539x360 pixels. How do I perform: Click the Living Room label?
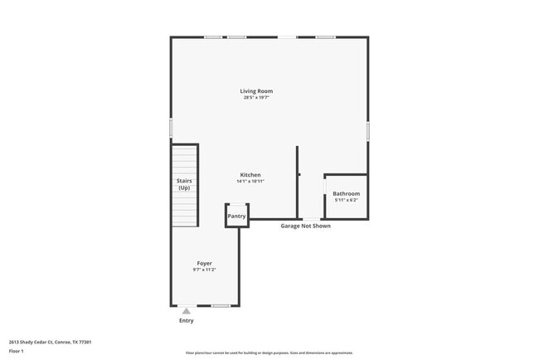pos(256,91)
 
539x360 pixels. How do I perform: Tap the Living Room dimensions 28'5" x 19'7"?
pos(256,98)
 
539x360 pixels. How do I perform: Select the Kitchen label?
pos(250,175)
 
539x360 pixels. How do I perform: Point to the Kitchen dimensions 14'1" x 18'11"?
pos(250,182)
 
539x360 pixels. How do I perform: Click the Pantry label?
pos(237,216)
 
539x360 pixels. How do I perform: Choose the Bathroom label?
pos(346,194)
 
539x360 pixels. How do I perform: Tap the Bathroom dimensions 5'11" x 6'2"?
pos(346,200)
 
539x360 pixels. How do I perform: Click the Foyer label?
pos(204,263)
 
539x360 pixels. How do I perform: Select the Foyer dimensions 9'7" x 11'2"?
pos(204,270)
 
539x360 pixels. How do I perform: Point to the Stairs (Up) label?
pos(184,184)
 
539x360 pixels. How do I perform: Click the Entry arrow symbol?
pos(186,311)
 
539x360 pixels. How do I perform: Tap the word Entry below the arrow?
pos(186,320)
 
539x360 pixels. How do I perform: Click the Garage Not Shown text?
pos(305,226)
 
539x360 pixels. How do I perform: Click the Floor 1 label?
pos(17,351)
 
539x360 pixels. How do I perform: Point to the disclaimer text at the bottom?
pos(269,353)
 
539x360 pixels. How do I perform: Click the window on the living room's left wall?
pos(171,127)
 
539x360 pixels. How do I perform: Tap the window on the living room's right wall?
pos(367,131)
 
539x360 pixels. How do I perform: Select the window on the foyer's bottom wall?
pos(221,306)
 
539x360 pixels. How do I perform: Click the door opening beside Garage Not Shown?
pos(311,219)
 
